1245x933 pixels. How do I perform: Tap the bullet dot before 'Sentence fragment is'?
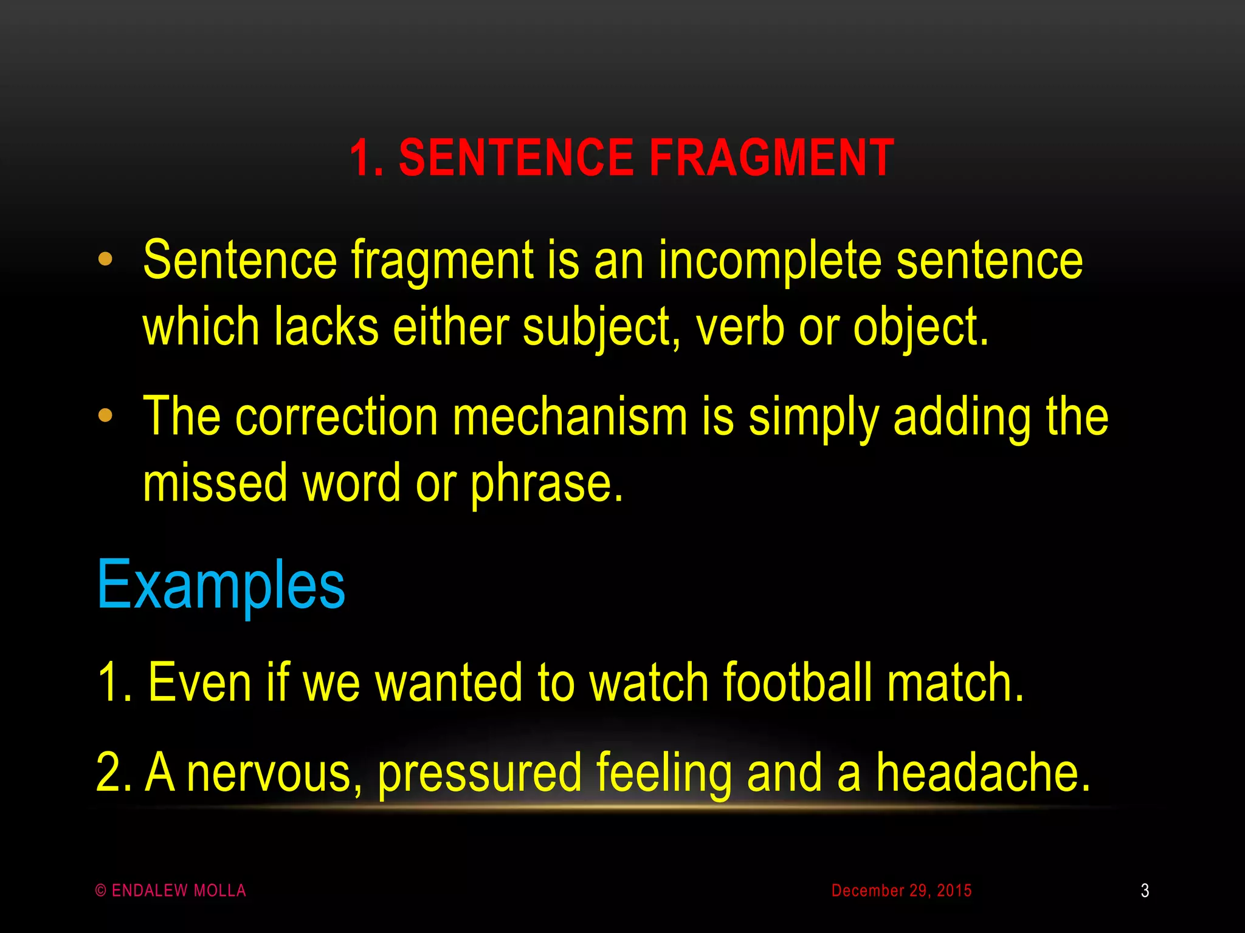(x=105, y=259)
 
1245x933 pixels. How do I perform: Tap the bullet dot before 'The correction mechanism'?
(x=105, y=415)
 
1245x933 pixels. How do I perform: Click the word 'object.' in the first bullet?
(x=920, y=328)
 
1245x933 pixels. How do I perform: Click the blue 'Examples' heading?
(x=221, y=584)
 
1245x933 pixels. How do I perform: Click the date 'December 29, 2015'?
(x=902, y=890)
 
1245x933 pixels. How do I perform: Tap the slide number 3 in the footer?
(x=1145, y=890)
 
